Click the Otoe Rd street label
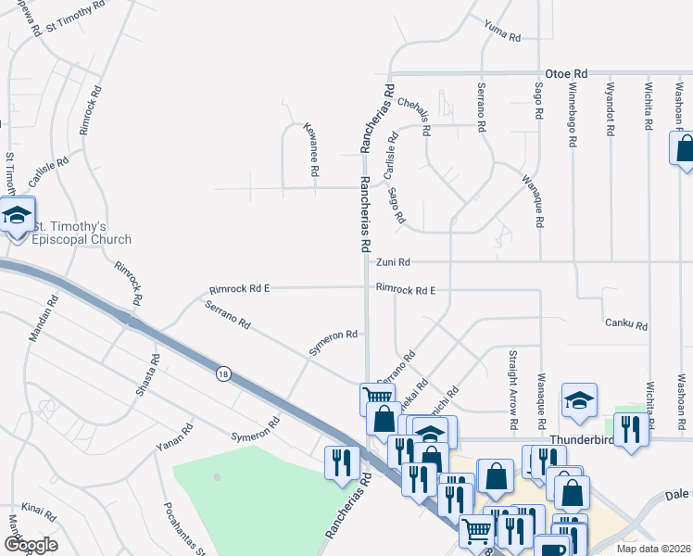pyautogui.click(x=568, y=72)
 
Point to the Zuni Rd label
pyautogui.click(x=392, y=263)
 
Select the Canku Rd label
pyautogui.click(x=626, y=325)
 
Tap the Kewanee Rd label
pyautogui.click(x=312, y=152)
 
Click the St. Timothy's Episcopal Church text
pyautogui.click(x=82, y=234)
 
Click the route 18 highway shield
pyautogui.click(x=223, y=373)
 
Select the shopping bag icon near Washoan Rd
pyautogui.click(x=683, y=148)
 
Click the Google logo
pyautogui.click(x=31, y=544)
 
